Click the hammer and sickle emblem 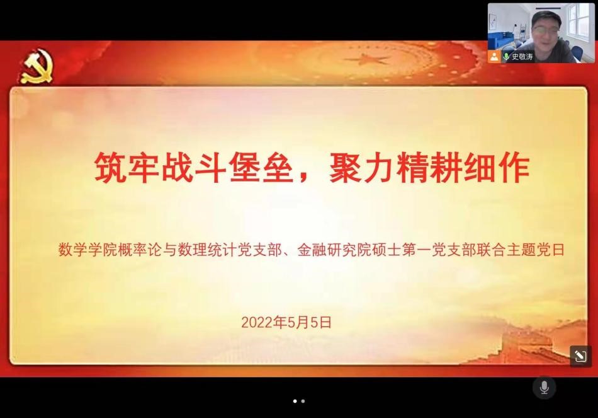point(37,67)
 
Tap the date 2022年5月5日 point(286,322)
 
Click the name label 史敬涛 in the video point(522,57)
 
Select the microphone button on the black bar point(544,388)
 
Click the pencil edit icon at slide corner point(580,356)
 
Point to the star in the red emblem point(367,60)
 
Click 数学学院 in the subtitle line point(87,250)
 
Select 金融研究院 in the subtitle point(334,250)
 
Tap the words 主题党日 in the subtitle point(536,250)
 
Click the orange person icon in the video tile point(494,57)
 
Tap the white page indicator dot point(295,401)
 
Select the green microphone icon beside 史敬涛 point(506,57)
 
